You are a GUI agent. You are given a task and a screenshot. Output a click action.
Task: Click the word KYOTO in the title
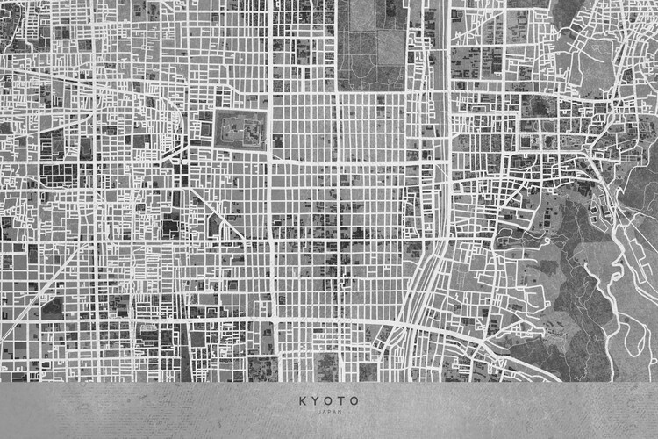pyautogui.click(x=329, y=400)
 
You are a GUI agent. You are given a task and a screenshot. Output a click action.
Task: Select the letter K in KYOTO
pyautogui.click(x=303, y=400)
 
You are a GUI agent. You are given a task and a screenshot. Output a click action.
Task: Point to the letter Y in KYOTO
pyautogui.click(x=316, y=400)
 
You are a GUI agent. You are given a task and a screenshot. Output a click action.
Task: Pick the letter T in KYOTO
pyautogui.click(x=341, y=400)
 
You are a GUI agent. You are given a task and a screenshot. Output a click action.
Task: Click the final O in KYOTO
pyautogui.click(x=354, y=400)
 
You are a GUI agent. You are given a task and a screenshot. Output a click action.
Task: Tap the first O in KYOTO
pyautogui.click(x=328, y=400)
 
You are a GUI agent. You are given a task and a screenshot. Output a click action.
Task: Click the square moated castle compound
pyautogui.click(x=239, y=128)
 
